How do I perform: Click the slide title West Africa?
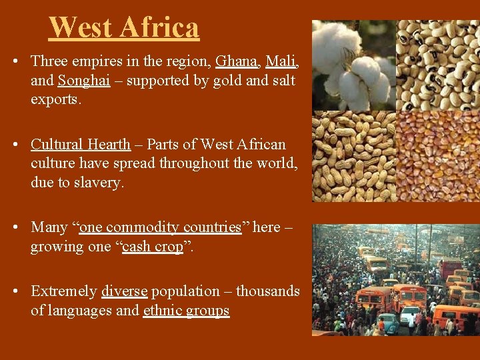point(124,28)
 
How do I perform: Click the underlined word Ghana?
point(236,62)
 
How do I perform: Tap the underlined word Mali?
point(281,62)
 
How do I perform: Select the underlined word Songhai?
point(83,81)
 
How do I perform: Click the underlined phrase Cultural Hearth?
point(81,145)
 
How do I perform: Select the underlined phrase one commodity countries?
point(160,227)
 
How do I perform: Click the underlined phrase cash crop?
point(153,247)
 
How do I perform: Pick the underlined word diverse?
point(125,291)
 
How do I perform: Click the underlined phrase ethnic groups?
point(186,311)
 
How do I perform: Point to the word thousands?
point(268,291)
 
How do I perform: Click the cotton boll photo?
point(353,65)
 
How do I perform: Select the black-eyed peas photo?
point(438,65)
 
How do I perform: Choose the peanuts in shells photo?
point(353,156)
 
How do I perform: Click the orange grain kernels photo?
point(438,156)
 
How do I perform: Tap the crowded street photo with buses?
point(396,280)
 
